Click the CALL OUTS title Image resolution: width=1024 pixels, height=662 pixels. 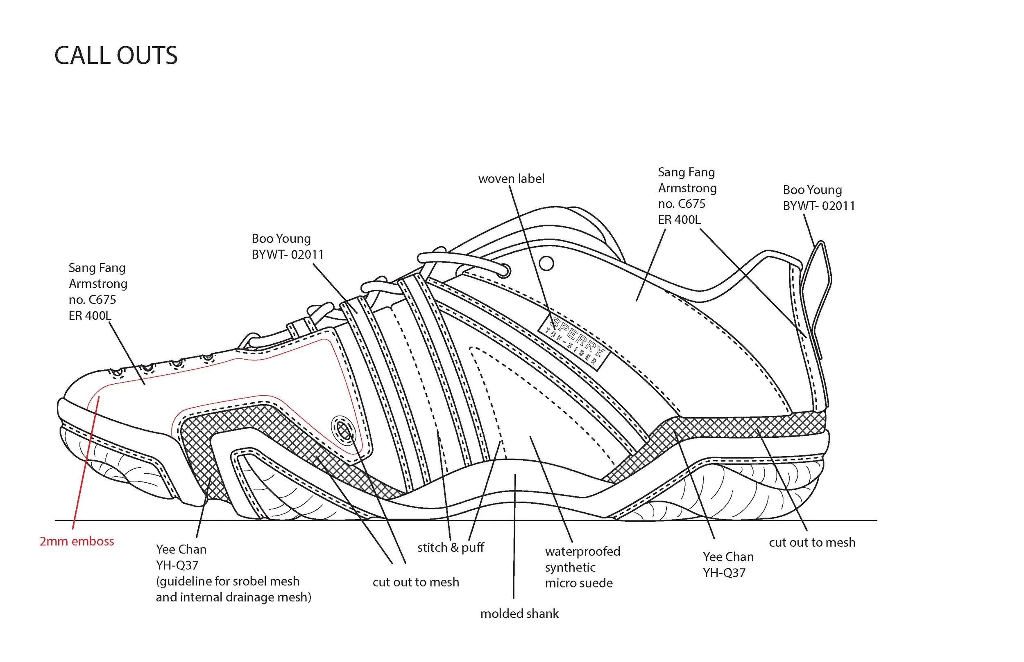click(116, 56)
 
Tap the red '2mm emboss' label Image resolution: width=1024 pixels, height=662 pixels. click(77, 541)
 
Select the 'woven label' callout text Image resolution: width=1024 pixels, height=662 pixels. click(511, 178)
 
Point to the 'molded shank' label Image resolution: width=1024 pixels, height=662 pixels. click(519, 614)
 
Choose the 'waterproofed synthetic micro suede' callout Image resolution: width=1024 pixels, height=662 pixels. click(582, 567)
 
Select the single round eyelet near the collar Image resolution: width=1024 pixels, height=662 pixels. click(546, 263)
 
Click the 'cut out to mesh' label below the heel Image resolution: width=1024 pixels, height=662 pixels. click(812, 543)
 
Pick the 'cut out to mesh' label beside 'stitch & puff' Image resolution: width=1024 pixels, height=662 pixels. click(416, 582)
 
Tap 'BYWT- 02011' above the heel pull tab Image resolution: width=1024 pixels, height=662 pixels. click(818, 206)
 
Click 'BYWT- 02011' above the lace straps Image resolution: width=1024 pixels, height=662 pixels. click(288, 254)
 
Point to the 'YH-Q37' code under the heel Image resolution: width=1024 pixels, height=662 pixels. click(724, 572)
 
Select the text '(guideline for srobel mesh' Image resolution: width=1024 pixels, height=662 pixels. click(228, 581)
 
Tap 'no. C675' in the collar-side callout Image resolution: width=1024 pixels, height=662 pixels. click(682, 203)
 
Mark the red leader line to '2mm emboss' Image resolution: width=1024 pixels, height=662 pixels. click(86, 464)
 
